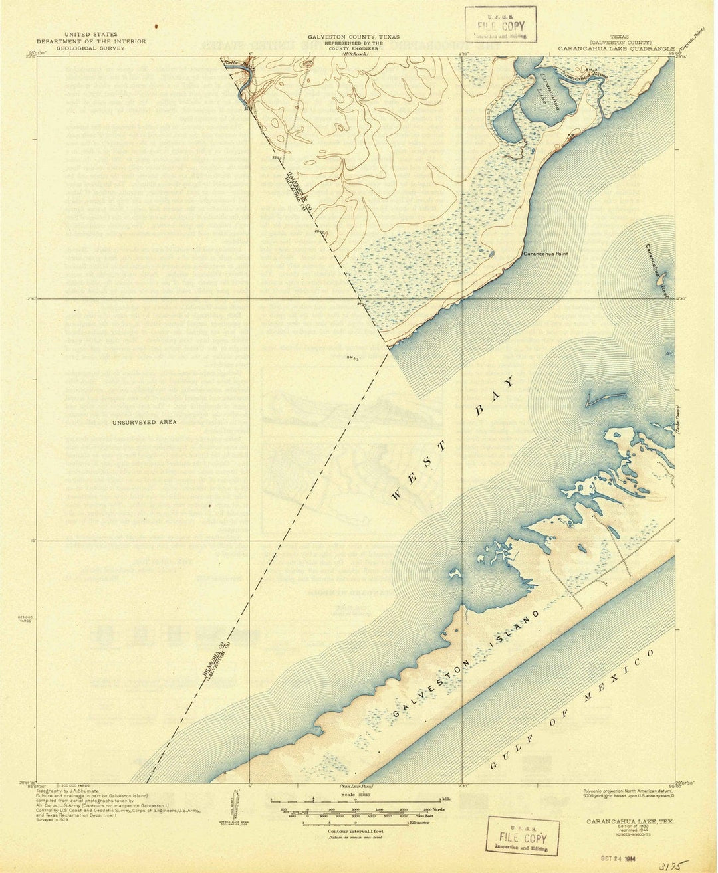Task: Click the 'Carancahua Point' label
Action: pos(546,254)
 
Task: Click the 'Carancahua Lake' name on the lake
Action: pos(549,93)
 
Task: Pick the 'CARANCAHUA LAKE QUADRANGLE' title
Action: pos(616,48)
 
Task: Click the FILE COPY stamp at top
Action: pos(500,26)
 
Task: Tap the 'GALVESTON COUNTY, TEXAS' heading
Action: pos(353,37)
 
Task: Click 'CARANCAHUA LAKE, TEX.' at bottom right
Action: pos(629,822)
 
